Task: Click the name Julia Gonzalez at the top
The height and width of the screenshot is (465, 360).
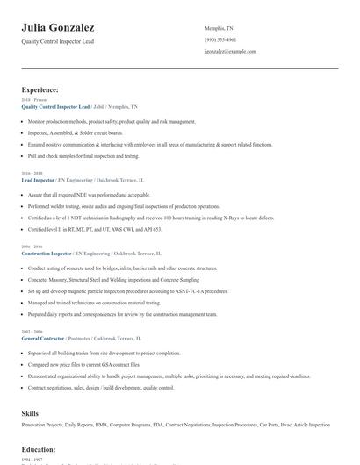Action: (x=58, y=28)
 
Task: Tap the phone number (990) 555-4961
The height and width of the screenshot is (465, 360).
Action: (x=220, y=39)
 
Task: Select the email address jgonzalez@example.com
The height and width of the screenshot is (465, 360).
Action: (x=230, y=51)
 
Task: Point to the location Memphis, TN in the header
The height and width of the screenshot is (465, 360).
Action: (x=219, y=28)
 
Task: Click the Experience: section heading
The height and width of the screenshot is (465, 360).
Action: (x=40, y=89)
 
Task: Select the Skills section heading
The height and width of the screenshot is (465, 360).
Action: (x=30, y=411)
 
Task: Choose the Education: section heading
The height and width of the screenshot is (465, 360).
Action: (x=39, y=449)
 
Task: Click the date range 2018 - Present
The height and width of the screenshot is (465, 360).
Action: (x=31, y=100)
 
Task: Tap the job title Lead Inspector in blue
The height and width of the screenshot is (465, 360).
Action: (x=38, y=179)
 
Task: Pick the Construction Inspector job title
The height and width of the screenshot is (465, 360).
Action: (x=47, y=253)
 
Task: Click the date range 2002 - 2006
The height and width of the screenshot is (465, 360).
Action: (x=30, y=331)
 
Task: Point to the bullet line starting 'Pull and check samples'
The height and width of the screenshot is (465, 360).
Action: (x=83, y=155)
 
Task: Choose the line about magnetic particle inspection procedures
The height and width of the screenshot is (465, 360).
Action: (x=128, y=290)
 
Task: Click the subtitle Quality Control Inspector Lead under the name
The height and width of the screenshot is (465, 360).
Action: (x=57, y=41)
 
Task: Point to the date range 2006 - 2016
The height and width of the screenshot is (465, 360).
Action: (x=30, y=247)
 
